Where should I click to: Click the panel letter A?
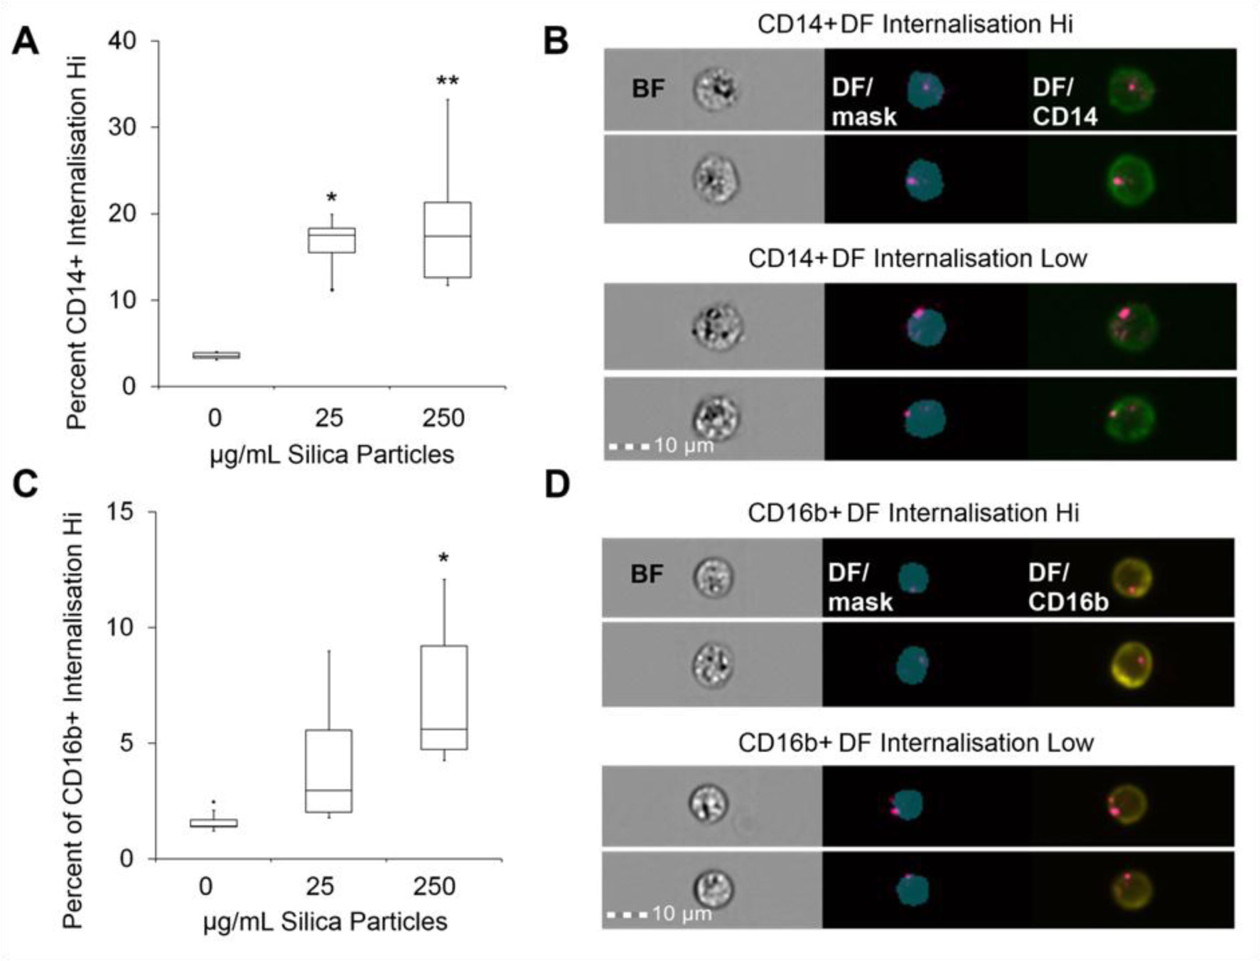(x=26, y=41)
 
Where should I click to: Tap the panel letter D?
(x=556, y=485)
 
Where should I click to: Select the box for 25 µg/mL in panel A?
(x=332, y=240)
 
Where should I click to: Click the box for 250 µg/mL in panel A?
(x=447, y=240)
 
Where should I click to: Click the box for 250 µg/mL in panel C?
(x=444, y=697)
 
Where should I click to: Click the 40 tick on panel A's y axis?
(x=122, y=41)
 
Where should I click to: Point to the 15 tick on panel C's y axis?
(x=122, y=512)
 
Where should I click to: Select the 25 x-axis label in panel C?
(x=320, y=886)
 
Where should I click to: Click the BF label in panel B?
(x=648, y=89)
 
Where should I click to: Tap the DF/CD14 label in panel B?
(x=1064, y=102)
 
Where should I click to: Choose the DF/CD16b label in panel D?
(x=1067, y=587)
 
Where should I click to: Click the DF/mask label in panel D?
(x=859, y=587)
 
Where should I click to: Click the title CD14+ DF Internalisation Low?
(x=917, y=258)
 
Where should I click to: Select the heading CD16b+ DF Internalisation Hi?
(x=913, y=512)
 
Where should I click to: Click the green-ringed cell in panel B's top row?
(x=1131, y=90)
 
